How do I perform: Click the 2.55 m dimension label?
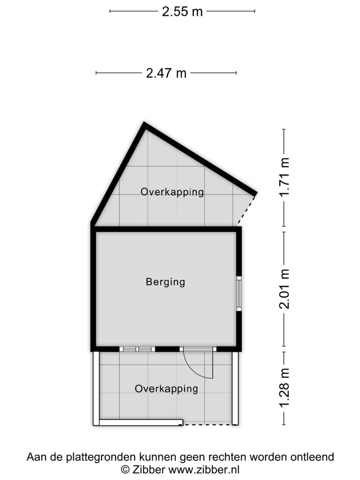[182, 12]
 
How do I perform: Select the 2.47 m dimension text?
[166, 73]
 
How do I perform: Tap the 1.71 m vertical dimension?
[285, 177]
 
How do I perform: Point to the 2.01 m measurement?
[285, 289]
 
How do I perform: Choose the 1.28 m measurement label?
[285, 388]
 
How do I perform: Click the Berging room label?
[165, 282]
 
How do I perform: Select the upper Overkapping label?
[172, 192]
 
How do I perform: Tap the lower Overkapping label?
[166, 389]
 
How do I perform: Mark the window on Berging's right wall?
[239, 293]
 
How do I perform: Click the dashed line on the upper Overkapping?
[247, 210]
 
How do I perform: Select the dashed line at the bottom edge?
[208, 424]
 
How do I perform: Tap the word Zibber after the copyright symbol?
[149, 469]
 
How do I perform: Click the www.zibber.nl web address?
[204, 469]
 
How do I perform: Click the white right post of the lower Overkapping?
[235, 388]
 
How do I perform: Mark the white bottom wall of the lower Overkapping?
[141, 422]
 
